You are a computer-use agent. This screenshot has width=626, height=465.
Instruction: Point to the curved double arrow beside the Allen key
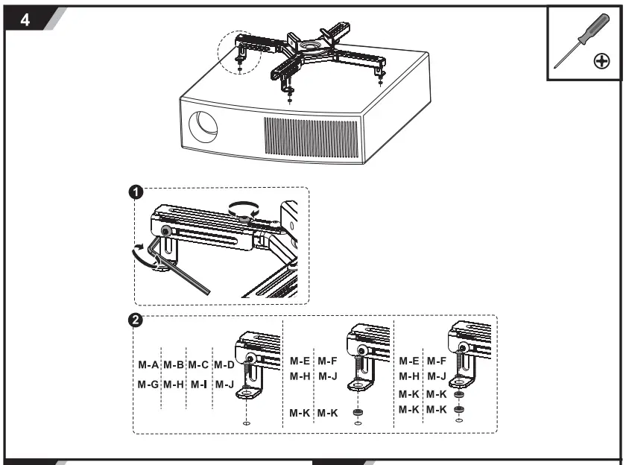coord(142,253)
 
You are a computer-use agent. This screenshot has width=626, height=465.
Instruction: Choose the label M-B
coord(174,365)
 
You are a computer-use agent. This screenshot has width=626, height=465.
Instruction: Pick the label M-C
coord(198,365)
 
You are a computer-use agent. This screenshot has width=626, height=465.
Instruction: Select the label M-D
coord(224,365)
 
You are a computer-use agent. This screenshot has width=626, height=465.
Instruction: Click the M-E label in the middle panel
coord(301,361)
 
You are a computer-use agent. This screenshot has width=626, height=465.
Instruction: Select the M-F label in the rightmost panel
coord(436,361)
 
